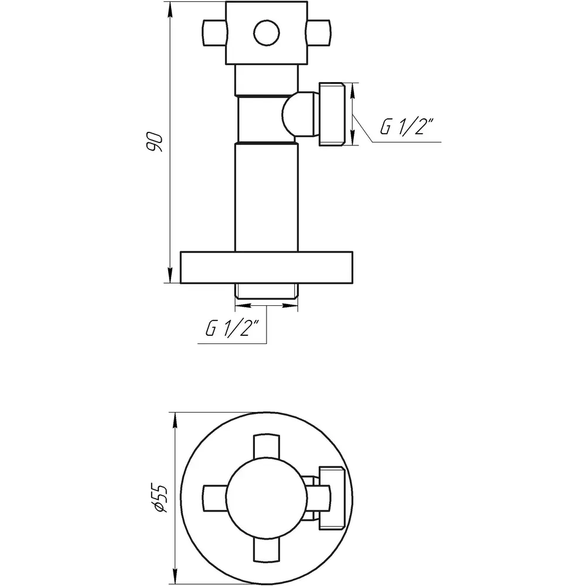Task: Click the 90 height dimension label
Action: point(154,142)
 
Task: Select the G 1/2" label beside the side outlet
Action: point(407,127)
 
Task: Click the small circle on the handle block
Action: point(267,33)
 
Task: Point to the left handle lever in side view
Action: point(214,33)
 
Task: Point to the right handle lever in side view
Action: point(319,33)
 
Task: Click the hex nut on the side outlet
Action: point(332,114)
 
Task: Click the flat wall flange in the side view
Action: point(267,267)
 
